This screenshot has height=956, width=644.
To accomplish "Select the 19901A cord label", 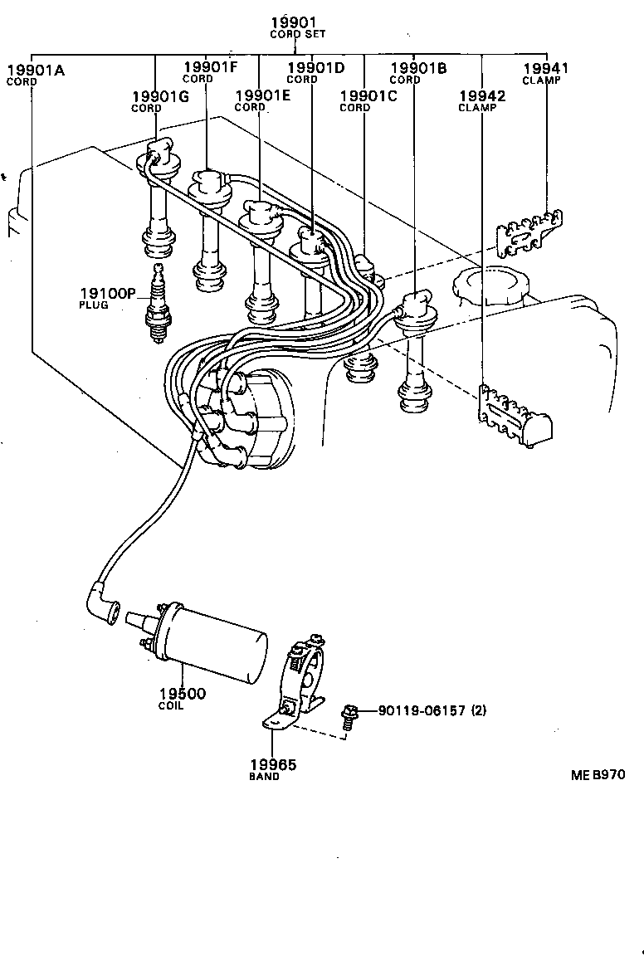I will [x=35, y=74].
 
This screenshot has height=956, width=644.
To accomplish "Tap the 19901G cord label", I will [x=160, y=100].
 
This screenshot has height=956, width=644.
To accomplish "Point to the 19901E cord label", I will [x=263, y=100].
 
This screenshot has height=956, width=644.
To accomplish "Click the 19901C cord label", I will [x=368, y=100].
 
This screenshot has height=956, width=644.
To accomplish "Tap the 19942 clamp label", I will [x=482, y=100].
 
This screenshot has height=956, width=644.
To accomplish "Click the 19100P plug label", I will [x=107, y=296].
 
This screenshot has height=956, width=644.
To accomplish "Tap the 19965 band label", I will [x=272, y=768].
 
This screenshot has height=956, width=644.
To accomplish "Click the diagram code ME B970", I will [x=597, y=775].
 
